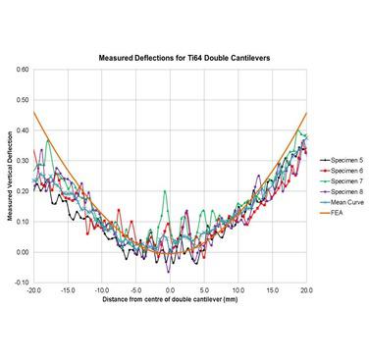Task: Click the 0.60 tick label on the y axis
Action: (x=22, y=72)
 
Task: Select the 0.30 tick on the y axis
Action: (x=22, y=162)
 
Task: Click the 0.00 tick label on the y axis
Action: (x=22, y=252)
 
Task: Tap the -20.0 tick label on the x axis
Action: (x=34, y=291)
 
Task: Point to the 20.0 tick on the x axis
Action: (x=306, y=291)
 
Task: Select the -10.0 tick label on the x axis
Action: (x=102, y=291)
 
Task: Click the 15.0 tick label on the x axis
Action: (x=273, y=291)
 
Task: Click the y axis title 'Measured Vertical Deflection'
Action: (x=9, y=177)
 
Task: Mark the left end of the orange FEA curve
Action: (x=34, y=113)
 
